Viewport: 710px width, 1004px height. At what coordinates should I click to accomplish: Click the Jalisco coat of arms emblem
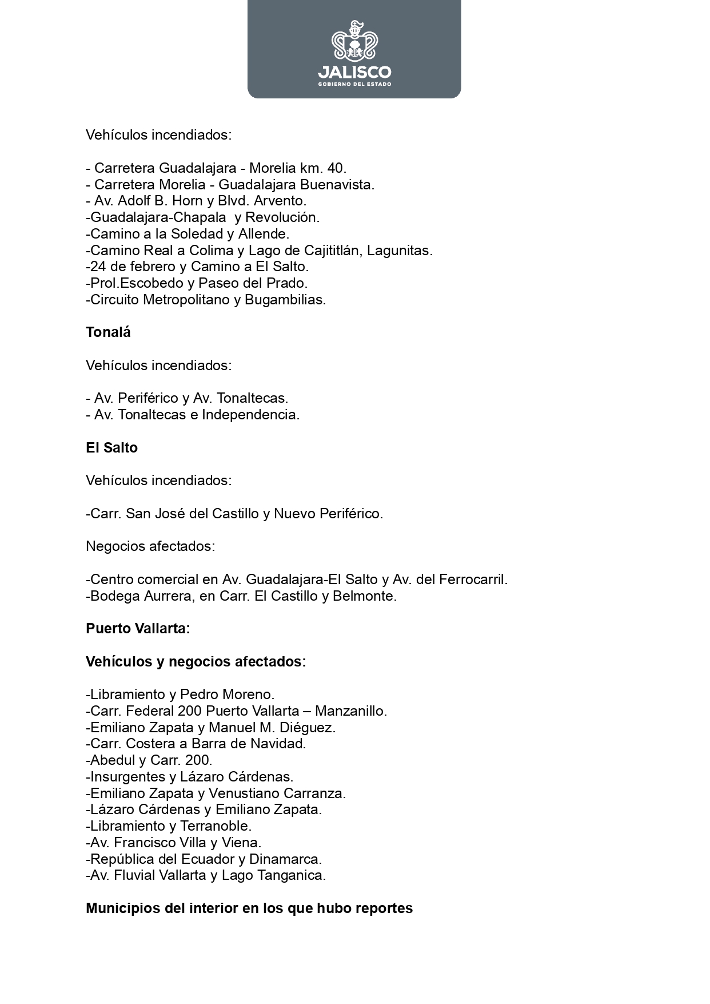tap(354, 41)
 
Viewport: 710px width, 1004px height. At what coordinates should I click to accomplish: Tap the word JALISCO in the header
tap(354, 72)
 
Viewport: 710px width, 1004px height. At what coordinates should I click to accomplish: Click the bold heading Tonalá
tap(108, 332)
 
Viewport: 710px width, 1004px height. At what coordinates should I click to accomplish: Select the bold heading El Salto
tap(111, 448)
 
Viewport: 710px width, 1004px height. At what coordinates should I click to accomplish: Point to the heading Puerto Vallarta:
tap(138, 629)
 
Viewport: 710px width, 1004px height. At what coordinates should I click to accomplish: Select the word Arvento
tap(280, 201)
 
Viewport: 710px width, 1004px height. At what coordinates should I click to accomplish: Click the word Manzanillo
tap(350, 711)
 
